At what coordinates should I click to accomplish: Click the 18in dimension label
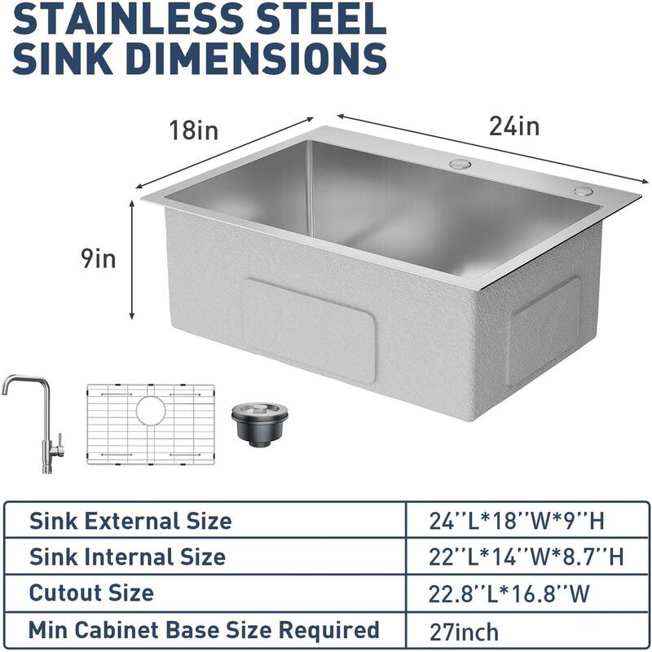coord(194,130)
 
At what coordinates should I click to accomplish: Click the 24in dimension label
coord(514,126)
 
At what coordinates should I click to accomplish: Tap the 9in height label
coord(97,258)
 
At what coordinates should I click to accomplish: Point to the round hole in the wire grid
coord(150,409)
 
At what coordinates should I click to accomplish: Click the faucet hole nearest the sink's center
coord(459,164)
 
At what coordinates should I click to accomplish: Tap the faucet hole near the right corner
coord(582,192)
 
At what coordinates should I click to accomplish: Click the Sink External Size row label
coord(130,521)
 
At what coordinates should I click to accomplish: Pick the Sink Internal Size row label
coord(127,557)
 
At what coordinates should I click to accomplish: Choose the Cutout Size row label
coord(91,593)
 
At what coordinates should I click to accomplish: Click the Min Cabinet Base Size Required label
coord(204,629)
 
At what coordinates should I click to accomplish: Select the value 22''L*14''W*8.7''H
coord(526,557)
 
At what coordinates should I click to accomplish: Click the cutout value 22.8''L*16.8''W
coord(509,593)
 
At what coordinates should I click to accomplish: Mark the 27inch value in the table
coord(464,631)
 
